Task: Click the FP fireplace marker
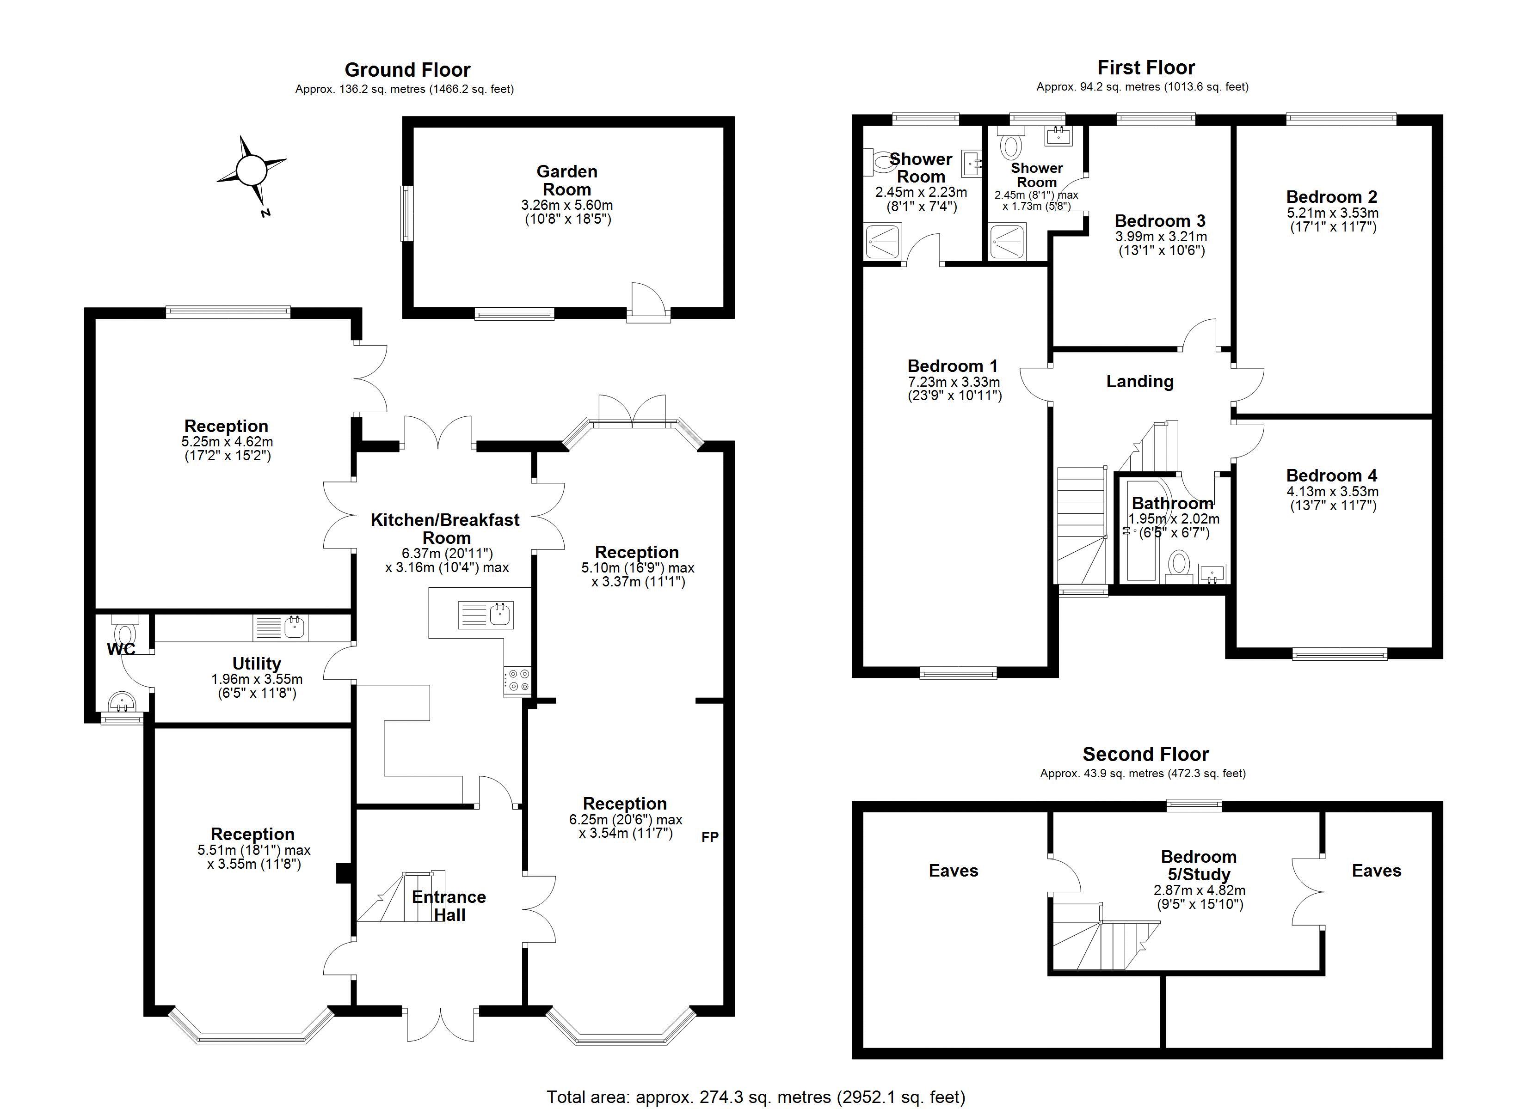tap(710, 837)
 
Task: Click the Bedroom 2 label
tap(1331, 196)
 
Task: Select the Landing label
tap(1140, 381)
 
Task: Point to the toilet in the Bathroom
tap(1178, 563)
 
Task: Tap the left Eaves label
tap(954, 871)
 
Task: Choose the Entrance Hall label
tap(449, 905)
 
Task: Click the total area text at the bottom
tap(756, 1097)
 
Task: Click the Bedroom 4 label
tap(1331, 475)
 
